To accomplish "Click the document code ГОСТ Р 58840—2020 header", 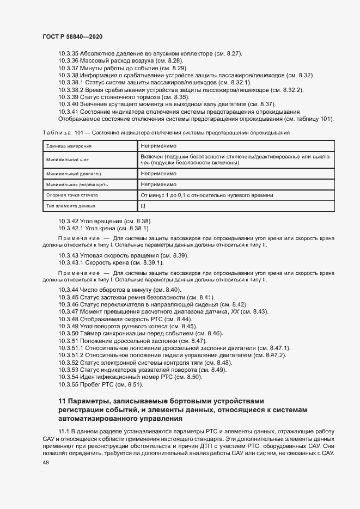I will click(x=72, y=36).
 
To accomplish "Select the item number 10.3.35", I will click(x=68, y=54).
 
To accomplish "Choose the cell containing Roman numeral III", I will click(x=143, y=206).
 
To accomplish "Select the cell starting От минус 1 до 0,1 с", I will click(x=207, y=195).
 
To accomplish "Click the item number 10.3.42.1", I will click(x=71, y=229).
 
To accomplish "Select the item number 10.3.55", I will click(x=68, y=384).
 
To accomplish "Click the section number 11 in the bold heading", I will click(x=62, y=401).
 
